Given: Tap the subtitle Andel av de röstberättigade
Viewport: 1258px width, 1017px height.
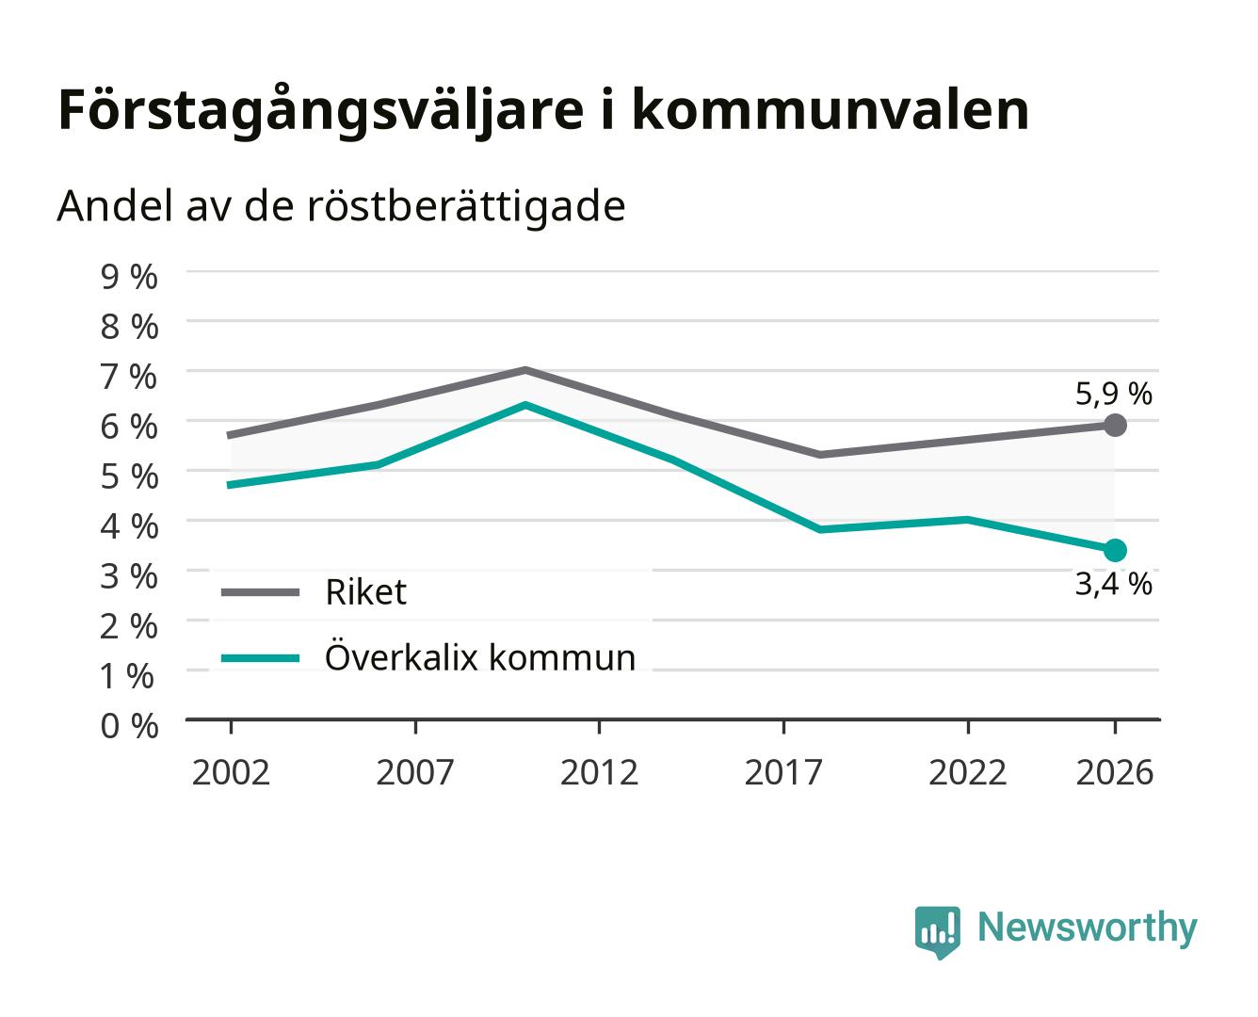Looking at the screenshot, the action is tap(341, 207).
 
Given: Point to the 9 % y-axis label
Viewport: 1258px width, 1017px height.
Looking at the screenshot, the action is tap(129, 277).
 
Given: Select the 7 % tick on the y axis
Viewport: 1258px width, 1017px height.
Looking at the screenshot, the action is tap(129, 377).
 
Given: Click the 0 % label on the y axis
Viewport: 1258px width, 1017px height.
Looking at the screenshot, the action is tap(129, 725).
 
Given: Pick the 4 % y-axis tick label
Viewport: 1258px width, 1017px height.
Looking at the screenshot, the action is tap(129, 525).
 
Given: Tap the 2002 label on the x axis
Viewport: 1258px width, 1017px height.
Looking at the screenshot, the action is tap(231, 772).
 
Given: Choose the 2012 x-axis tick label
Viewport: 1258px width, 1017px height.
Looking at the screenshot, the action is tap(599, 772).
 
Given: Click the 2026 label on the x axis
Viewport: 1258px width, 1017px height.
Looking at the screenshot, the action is tap(1115, 772).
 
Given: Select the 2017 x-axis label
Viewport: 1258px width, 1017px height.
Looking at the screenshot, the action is tap(783, 772).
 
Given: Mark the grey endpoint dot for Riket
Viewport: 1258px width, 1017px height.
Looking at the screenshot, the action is tap(1115, 425).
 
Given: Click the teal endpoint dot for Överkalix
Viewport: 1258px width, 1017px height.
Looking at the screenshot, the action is tap(1115, 550).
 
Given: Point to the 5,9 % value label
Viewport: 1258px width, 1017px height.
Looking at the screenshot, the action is tap(1113, 394).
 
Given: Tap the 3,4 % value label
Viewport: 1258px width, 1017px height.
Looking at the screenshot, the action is tap(1113, 584).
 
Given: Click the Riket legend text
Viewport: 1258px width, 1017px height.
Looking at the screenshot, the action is tap(365, 591).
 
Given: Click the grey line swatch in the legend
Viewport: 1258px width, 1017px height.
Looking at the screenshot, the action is tap(261, 592).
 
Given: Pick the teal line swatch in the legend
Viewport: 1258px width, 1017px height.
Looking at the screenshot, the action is tap(261, 658).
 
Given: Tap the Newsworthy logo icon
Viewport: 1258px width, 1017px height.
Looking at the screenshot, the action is tap(937, 932).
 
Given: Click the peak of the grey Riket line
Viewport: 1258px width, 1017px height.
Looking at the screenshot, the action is tap(525, 370).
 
